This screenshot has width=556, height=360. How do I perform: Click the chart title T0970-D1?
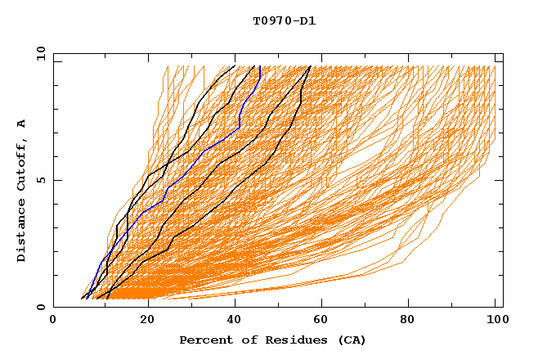(284, 20)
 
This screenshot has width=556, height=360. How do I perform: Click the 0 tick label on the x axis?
(53, 321)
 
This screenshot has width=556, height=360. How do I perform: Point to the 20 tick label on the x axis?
(143, 321)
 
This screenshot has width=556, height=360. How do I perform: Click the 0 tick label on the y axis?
(39, 308)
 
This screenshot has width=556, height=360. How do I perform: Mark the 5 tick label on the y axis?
(39, 180)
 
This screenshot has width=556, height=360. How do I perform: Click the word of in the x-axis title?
(243, 340)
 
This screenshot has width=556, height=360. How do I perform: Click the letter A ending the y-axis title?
(22, 124)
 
